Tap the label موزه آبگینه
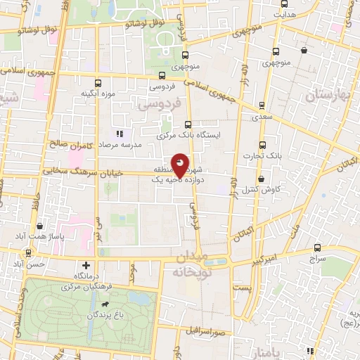point(97,94)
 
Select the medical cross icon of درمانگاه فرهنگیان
point(86,266)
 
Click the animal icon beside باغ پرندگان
point(105,305)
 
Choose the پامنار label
point(254,349)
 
